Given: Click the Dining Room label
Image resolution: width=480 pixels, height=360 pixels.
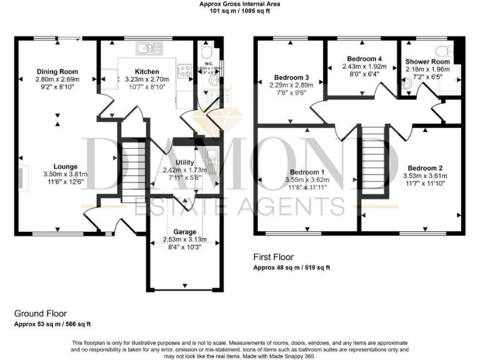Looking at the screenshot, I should point(57,71).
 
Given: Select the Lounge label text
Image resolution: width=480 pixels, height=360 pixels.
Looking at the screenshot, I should point(66,166).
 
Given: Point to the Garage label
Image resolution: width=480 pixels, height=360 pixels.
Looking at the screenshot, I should point(184,231).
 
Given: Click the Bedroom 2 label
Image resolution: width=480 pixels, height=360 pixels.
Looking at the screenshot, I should point(425,168).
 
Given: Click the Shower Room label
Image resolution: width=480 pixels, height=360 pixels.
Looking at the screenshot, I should point(427,62).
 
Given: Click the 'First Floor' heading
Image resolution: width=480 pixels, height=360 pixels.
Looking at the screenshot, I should point(273,257).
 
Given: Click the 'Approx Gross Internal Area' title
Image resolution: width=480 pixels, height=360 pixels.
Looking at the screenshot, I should point(239,4).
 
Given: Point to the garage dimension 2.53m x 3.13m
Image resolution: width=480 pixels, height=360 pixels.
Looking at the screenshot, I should point(184,239).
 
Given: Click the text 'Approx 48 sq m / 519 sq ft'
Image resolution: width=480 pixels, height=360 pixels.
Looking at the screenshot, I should point(291,267).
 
